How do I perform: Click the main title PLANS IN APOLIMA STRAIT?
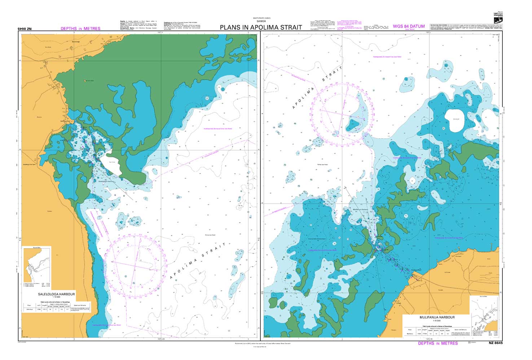pos(261,27)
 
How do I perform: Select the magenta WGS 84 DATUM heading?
pos(409,26)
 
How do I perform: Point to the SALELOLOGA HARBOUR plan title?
pos(57,294)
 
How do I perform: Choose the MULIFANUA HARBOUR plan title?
pos(437,317)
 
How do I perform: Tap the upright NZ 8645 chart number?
pos(495,343)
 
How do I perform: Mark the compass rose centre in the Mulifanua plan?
pos(341,115)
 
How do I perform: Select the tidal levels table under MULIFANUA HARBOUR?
pos(437,331)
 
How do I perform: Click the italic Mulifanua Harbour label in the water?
pos(360,209)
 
